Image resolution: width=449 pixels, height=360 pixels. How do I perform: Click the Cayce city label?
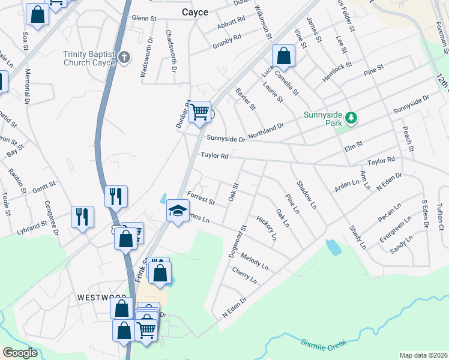196,11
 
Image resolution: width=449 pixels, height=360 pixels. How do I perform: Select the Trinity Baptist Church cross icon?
124,58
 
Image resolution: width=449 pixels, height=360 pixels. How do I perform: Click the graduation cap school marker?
177,211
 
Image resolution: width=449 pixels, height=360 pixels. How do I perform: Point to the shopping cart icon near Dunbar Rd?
200,111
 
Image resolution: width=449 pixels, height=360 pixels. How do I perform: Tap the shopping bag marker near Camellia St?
283,56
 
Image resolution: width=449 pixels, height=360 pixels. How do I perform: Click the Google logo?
20,353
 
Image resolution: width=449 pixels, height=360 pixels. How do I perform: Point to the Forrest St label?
200,197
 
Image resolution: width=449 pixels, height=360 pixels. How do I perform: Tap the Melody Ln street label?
255,260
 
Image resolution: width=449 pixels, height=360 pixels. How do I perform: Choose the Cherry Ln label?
244,275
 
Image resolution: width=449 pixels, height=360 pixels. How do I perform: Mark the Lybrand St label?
32,226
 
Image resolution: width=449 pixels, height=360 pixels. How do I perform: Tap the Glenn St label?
143,19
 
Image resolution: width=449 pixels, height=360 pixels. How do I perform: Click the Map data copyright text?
423,355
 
